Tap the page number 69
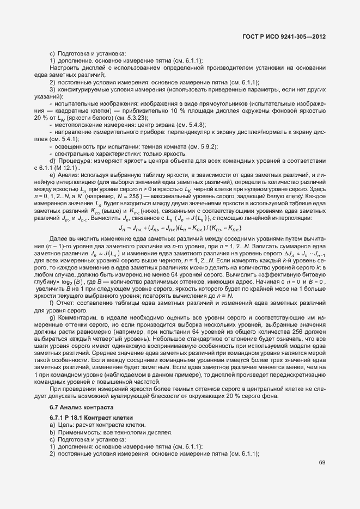[322, 463]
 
